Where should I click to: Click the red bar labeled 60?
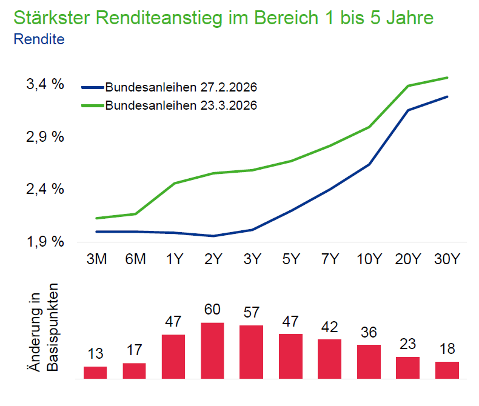point(212,350)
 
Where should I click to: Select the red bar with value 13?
point(95,372)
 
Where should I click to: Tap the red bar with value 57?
point(251,351)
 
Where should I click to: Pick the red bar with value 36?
point(369,361)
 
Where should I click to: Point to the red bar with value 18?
point(447,370)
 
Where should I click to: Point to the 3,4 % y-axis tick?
point(45,84)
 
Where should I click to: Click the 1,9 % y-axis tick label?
point(45,242)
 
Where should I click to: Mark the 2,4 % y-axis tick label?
point(45,189)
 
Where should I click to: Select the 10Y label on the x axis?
point(369,259)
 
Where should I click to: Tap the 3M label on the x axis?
point(96,259)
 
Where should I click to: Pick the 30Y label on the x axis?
point(447,259)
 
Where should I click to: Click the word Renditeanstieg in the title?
point(159,18)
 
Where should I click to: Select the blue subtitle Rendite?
point(39,39)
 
